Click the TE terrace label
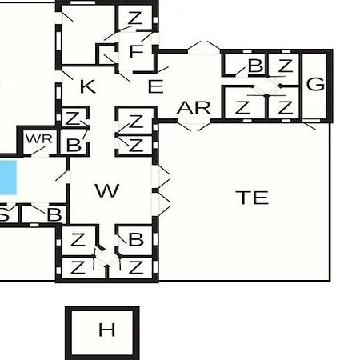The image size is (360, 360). click(x=252, y=198)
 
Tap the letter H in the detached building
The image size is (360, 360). click(x=107, y=330)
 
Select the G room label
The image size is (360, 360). click(x=316, y=84)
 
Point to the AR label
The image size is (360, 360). click(x=194, y=108)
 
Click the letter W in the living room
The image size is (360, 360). click(x=107, y=190)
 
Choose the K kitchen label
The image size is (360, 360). click(x=88, y=86)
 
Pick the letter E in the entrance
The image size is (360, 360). click(x=155, y=86)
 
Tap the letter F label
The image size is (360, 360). click(x=136, y=51)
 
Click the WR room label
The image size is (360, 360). click(x=39, y=139)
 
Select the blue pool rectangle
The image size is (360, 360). click(x=8, y=178)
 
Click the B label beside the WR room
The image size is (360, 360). click(x=74, y=145)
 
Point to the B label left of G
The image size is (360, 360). click(x=255, y=66)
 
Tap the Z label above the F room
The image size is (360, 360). click(x=134, y=18)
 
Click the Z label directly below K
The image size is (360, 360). click(x=72, y=118)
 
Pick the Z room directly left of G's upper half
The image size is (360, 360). click(x=286, y=66)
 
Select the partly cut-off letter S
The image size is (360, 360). click(x=4, y=214)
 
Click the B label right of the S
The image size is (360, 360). click(x=54, y=214)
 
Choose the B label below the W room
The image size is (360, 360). click(x=136, y=239)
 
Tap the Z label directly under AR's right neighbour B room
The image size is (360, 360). click(x=242, y=107)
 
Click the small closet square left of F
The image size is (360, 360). click(x=107, y=54)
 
